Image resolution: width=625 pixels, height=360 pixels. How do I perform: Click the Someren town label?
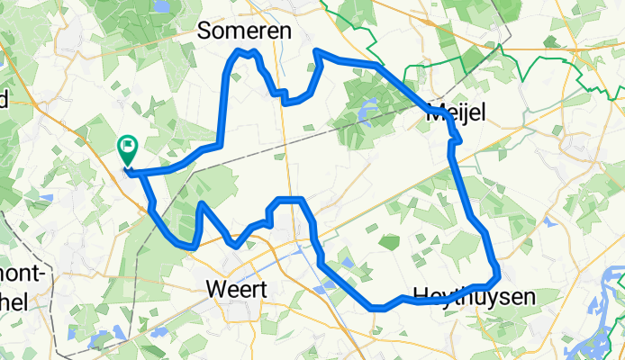[x=245, y=31]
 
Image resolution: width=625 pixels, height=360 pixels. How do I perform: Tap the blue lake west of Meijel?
[x=366, y=113]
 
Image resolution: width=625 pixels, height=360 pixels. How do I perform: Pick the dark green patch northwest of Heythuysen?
[x=389, y=242]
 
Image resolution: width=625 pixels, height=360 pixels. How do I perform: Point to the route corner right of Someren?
[x=317, y=54]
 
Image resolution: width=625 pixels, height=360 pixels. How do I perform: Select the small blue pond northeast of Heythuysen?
[x=548, y=222]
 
